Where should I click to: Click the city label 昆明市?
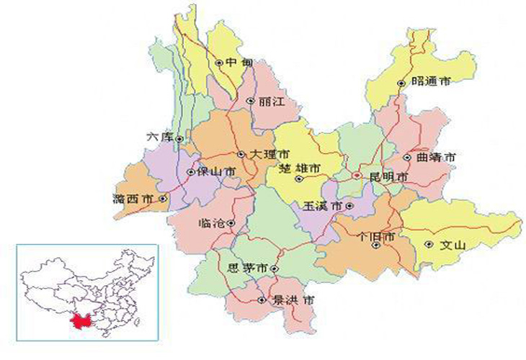pyautogui.click(x=389, y=176)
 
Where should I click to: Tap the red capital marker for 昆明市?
pyautogui.click(x=356, y=175)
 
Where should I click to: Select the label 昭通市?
pyautogui.click(x=432, y=83)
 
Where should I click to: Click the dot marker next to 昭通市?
pyautogui.click(x=402, y=84)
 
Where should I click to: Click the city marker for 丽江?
pyautogui.click(x=250, y=102)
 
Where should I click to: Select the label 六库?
pyautogui.click(x=159, y=137)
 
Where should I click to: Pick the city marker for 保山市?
pyautogui.click(x=190, y=173)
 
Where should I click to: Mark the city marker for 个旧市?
pyautogui.click(x=375, y=245)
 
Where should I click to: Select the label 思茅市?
pyautogui.click(x=247, y=268)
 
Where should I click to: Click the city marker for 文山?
pyautogui.click(x=429, y=245)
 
